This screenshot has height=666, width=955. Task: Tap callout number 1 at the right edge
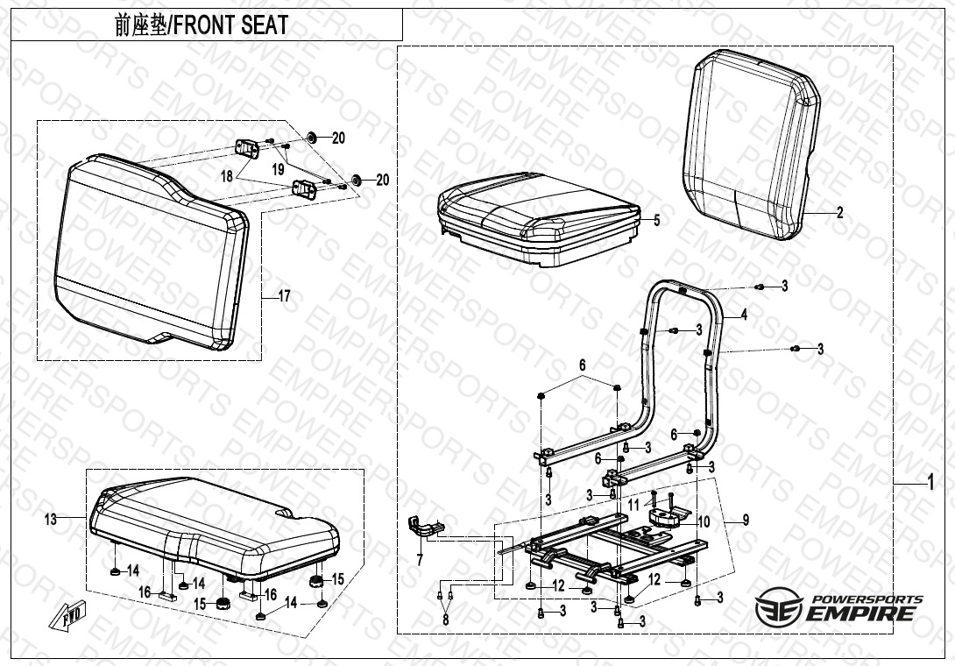pyautogui.click(x=930, y=483)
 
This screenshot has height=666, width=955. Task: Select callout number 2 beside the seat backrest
pyautogui.click(x=840, y=213)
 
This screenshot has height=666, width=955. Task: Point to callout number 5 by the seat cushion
pyautogui.click(x=656, y=220)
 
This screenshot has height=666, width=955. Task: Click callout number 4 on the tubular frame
pyautogui.click(x=744, y=315)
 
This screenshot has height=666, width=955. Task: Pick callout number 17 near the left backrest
pyautogui.click(x=285, y=297)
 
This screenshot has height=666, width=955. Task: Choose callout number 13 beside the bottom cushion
pyautogui.click(x=51, y=519)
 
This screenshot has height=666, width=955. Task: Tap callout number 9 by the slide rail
pyautogui.click(x=746, y=521)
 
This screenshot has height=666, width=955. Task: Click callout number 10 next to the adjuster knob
pyautogui.click(x=704, y=522)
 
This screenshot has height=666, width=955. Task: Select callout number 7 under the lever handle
pyautogui.click(x=420, y=560)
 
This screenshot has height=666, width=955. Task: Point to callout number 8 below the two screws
pyautogui.click(x=446, y=620)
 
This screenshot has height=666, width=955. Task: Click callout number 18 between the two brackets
pyautogui.click(x=227, y=176)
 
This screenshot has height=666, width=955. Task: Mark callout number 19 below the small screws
pyautogui.click(x=279, y=169)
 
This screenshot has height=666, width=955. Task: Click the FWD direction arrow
pyautogui.click(x=67, y=615)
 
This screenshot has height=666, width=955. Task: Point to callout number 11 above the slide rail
pyautogui.click(x=634, y=505)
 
